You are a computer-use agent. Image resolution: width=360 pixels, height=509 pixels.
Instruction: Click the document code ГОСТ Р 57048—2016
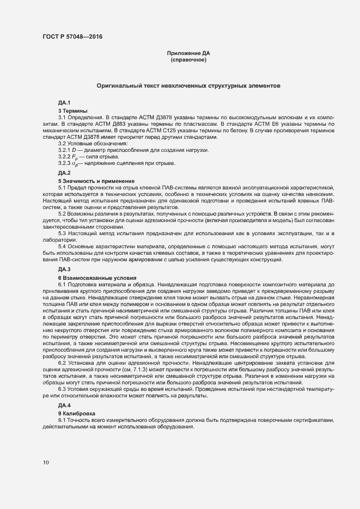pyautogui.click(x=72, y=37)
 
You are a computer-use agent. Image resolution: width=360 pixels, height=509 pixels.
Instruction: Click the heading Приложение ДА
pyautogui.click(x=188, y=53)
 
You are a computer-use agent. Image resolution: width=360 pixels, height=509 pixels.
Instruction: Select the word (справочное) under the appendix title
pyautogui.click(x=188, y=60)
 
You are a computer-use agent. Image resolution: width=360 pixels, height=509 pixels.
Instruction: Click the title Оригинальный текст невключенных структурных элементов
pyautogui.click(x=188, y=86)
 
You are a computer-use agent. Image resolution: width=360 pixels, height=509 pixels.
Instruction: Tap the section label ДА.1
pyautogui.click(x=64, y=103)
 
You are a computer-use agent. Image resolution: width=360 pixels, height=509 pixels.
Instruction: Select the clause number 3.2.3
pyautogui.click(x=64, y=163)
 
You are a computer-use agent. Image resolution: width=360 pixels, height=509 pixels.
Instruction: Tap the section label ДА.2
pyautogui.click(x=64, y=173)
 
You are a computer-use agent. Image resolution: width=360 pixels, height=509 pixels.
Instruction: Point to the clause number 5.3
pyautogui.click(x=62, y=234)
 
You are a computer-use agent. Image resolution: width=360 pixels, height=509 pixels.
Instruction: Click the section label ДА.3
pyautogui.click(x=64, y=269)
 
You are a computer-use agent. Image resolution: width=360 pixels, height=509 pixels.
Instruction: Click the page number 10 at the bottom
pyautogui.click(x=46, y=463)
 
